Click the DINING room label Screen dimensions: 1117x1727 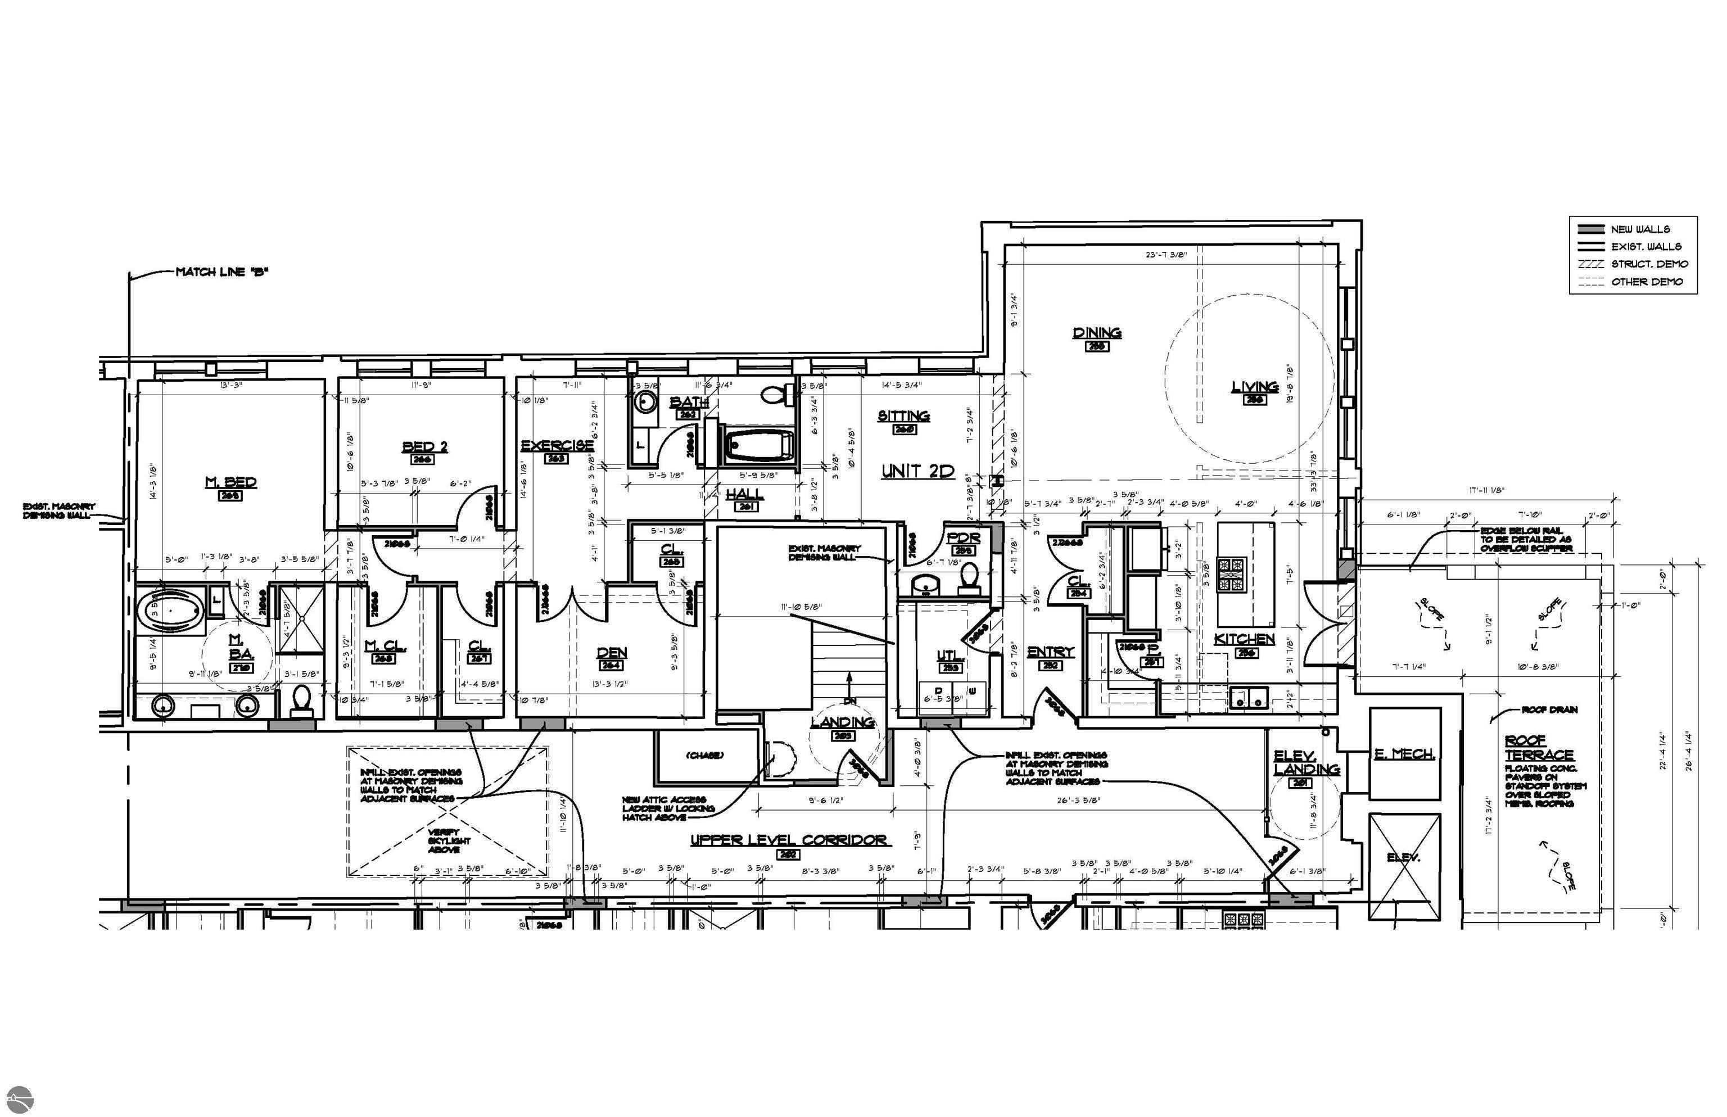point(1097,333)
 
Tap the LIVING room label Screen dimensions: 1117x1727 point(1254,387)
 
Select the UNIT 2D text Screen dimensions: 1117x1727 point(917,472)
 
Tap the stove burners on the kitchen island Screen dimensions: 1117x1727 point(1230,575)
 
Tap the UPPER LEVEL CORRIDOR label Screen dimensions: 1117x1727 point(788,840)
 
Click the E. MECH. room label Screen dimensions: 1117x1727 point(1404,754)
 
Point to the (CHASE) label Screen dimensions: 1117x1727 point(704,755)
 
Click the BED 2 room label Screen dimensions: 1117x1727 point(424,447)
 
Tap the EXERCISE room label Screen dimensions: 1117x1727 point(557,445)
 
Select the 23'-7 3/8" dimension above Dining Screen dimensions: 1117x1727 point(1165,255)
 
